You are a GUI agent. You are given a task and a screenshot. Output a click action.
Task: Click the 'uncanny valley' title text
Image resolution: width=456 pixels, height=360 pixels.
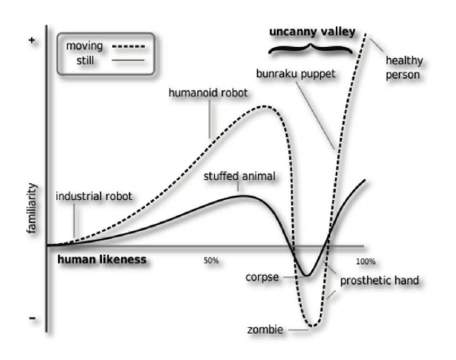[x=312, y=32]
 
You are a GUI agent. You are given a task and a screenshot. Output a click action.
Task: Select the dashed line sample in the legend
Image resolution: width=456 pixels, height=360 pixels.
[x=128, y=46]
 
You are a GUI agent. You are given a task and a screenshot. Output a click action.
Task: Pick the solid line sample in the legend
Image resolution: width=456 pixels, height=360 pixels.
[x=128, y=61]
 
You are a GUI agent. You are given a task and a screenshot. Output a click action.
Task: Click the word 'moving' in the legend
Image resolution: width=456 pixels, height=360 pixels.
[x=84, y=46]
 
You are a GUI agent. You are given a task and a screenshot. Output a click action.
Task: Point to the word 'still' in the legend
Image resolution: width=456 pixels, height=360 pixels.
[x=85, y=61]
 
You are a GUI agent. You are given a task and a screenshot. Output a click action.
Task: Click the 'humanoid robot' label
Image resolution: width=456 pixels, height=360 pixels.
[x=208, y=93]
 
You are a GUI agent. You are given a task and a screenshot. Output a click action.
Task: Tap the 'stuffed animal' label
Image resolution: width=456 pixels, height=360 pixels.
[x=240, y=176]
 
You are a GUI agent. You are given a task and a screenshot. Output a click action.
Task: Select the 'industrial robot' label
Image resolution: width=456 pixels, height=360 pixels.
[x=94, y=197]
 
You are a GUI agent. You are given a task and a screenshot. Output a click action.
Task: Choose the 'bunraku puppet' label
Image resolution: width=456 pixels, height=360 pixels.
[x=296, y=74]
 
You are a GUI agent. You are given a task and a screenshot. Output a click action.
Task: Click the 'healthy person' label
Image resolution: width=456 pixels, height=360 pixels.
[x=404, y=68]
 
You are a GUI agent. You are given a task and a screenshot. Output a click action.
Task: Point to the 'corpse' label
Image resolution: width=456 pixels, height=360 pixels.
[x=262, y=277]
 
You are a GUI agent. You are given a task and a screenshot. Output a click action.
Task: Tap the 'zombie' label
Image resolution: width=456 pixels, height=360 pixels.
[x=265, y=330]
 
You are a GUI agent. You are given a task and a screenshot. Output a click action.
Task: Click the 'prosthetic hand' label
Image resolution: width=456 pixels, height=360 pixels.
[x=380, y=280]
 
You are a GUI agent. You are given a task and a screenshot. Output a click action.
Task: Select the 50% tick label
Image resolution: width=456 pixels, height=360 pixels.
[x=211, y=260]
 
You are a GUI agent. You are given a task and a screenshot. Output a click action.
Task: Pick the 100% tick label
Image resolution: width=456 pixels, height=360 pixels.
[x=365, y=261]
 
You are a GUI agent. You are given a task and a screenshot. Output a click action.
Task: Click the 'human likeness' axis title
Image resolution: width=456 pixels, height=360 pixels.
[x=102, y=260]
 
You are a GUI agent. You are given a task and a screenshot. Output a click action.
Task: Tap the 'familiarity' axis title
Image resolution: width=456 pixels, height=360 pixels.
[x=32, y=208]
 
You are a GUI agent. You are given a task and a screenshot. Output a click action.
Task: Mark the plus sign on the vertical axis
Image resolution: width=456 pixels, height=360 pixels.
[x=32, y=40]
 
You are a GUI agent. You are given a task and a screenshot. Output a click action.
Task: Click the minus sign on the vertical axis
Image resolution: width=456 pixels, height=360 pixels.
[x=33, y=318]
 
